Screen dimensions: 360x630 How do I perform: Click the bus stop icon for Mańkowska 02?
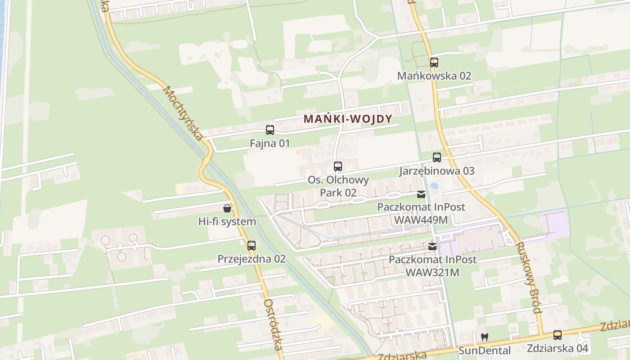coord(434,63)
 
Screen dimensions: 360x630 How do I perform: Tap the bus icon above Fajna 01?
coord(270,130)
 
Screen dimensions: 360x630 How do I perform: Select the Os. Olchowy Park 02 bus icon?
coord(338,166)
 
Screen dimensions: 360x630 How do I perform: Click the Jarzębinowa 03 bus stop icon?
coord(436,157)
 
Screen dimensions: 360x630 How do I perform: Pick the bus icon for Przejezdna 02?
coord(251,246)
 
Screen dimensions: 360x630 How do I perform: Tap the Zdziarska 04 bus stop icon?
coord(557,335)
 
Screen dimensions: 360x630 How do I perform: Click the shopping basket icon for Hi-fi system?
coord(227,208)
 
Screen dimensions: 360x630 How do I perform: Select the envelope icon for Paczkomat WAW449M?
coord(421,194)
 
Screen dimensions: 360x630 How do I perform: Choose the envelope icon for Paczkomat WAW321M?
coord(432,247)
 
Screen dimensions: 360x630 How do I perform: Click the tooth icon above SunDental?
coord(484,337)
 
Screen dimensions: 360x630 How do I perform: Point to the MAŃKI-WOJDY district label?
coord(348,119)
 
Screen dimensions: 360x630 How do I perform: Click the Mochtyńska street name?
coord(183,112)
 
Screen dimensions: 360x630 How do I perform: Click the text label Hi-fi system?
coord(227,221)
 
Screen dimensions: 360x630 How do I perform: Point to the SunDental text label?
coord(484,351)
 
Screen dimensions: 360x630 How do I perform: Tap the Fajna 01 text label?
coord(270,144)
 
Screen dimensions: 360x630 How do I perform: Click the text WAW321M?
coord(432,273)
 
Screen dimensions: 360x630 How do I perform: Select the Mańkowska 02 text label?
coord(434,76)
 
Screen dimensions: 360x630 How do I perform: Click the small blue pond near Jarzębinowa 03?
coord(434,185)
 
